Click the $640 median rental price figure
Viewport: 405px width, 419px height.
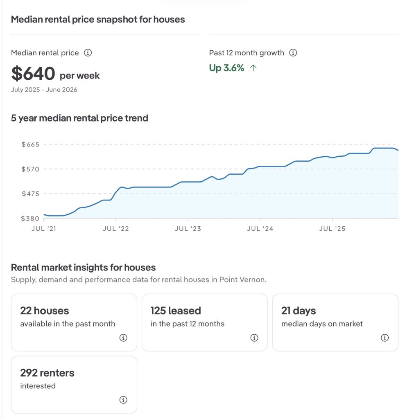33,73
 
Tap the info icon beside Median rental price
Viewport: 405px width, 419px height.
88,53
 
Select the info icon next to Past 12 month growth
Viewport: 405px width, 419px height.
293,53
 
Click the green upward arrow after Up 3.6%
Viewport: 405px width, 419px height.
253,68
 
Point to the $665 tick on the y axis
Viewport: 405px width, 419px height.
30,144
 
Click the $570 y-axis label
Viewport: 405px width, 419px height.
30,169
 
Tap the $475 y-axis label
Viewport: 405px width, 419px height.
30,194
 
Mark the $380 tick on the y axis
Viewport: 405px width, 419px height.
30,219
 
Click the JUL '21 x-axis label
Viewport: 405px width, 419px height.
44,229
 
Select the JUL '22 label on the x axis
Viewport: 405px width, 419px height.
116,229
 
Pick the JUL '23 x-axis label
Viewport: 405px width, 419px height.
188,229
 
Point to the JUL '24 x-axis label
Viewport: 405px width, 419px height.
260,229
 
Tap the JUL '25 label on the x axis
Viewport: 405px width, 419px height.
332,229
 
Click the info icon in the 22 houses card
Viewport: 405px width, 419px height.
123,338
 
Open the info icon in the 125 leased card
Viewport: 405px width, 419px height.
254,338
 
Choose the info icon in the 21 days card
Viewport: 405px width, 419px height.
385,338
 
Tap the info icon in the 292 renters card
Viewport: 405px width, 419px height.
123,400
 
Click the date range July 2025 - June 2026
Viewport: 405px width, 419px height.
44,90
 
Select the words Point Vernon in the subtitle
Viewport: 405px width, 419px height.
242,279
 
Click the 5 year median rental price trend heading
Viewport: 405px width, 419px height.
79,118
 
